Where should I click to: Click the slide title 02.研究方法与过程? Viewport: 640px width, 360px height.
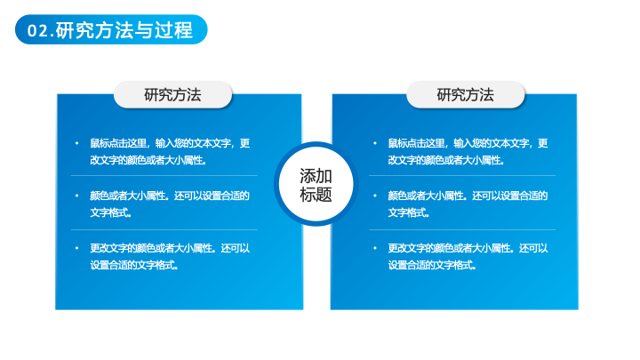coord(110,30)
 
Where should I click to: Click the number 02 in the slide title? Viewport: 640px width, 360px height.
coord(38,31)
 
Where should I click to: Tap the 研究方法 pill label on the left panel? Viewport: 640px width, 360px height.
coord(172,95)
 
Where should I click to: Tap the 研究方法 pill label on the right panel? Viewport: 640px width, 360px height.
coord(465,95)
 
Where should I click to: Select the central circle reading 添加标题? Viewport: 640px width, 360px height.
coord(316,184)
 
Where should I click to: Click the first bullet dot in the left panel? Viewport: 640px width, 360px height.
coord(76,143)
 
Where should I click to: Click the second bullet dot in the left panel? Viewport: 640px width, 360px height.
coord(76,196)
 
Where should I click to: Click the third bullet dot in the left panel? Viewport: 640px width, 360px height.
coord(76,248)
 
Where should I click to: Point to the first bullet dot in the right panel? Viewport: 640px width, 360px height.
coord(375,143)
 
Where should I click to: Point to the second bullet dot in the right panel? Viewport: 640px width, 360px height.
coord(375,196)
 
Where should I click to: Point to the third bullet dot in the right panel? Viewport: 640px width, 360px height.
coord(375,248)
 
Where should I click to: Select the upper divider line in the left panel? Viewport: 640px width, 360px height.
coord(164,175)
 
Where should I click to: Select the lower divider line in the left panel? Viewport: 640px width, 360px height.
coord(164,230)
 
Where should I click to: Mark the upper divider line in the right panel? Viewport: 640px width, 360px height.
coord(462,175)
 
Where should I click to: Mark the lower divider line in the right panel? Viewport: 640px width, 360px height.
coord(462,230)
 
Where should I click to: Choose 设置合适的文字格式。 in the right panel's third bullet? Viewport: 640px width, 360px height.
coord(432,265)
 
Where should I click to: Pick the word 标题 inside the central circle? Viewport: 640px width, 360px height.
coord(316,195)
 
